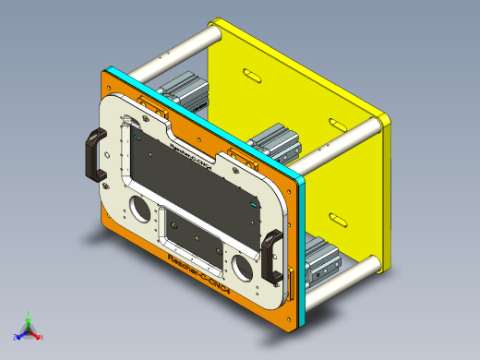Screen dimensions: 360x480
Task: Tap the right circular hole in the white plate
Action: click(x=243, y=268)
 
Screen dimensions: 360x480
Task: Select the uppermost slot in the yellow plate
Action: click(x=251, y=73)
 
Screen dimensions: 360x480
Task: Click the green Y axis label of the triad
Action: click(x=29, y=314)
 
